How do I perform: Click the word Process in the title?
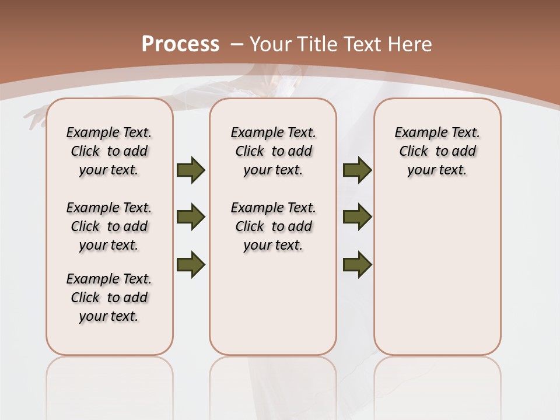[180, 44]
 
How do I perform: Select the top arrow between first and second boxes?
[191, 170]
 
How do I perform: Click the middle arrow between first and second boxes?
[191, 218]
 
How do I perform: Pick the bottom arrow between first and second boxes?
[191, 264]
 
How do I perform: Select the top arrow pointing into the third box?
[357, 170]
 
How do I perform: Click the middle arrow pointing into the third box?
[357, 218]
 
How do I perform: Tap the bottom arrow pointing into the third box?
[357, 264]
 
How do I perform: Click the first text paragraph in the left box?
[109, 151]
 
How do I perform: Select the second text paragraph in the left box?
[109, 226]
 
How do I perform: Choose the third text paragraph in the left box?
[109, 297]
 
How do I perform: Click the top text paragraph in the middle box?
[273, 151]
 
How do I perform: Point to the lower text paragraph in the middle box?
[273, 226]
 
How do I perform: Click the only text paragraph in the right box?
[437, 151]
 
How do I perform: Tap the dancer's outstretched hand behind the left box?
[34, 117]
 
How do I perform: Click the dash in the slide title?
[236, 44]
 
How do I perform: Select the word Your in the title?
[271, 44]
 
